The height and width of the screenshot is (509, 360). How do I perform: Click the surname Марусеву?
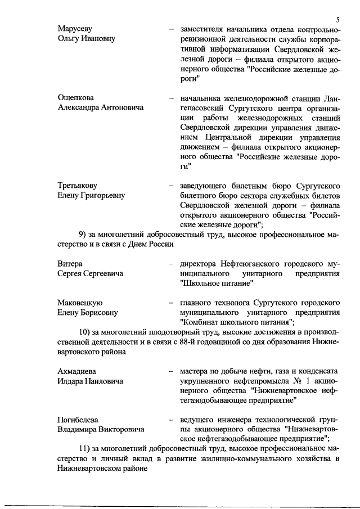[75, 28]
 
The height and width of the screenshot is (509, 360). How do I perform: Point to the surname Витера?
[70, 264]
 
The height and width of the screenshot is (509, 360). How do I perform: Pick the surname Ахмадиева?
[78, 372]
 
